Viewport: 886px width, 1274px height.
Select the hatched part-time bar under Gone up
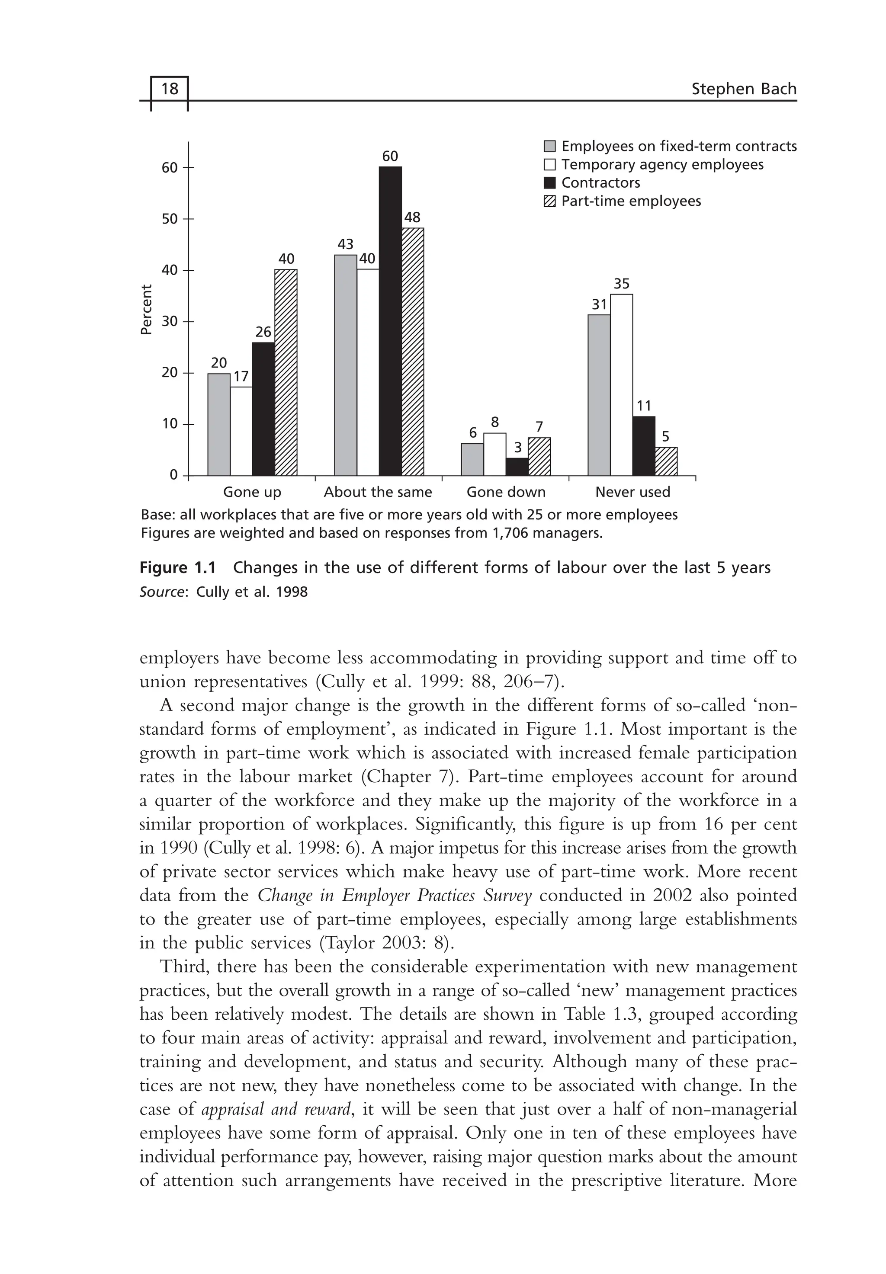286,372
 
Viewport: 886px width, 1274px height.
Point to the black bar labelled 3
517,467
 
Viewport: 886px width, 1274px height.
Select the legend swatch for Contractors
549,183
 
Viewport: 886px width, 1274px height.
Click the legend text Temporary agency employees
662,165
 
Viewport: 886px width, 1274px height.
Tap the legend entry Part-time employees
631,202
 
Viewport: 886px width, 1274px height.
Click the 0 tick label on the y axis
174,476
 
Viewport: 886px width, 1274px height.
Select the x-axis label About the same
378,492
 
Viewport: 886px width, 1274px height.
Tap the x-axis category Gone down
506,492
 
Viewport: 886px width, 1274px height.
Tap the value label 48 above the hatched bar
412,218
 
